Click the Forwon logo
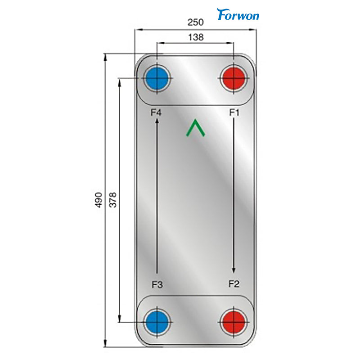[x=238, y=14]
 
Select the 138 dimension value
[x=196, y=38]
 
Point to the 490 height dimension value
[x=99, y=200]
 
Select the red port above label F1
[x=234, y=80]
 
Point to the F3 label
[x=157, y=284]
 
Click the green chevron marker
[x=196, y=128]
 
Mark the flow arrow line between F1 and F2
[x=234, y=193]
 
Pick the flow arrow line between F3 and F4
[x=156, y=198]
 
